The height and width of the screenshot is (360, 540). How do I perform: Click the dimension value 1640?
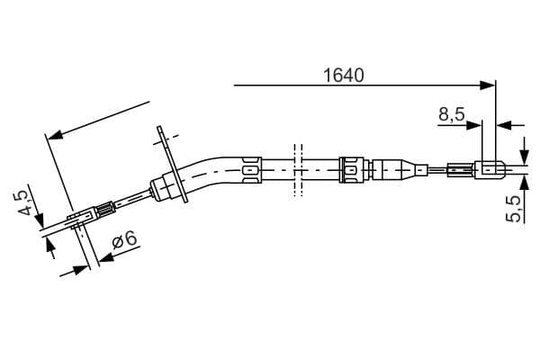coord(343,76)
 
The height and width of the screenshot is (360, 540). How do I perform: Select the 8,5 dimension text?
coord(452,114)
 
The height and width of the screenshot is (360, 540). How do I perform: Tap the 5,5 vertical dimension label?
coord(515,209)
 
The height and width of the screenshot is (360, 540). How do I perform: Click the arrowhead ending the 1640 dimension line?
coord(490,85)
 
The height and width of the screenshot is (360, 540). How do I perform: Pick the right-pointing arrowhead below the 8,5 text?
coord(478,125)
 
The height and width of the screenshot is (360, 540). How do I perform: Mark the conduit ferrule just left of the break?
coord(251,166)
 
